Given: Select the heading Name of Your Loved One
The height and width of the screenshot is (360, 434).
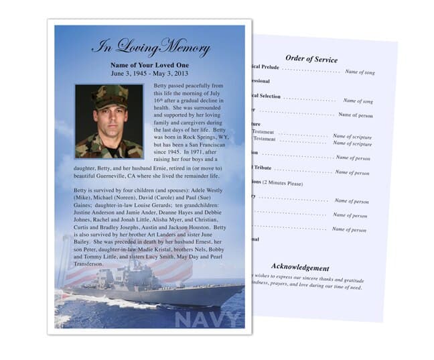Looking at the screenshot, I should coord(149,65).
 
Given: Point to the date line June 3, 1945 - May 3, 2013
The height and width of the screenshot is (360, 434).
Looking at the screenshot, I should coord(149,74).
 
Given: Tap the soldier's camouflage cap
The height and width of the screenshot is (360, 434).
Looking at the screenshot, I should coord(109,96).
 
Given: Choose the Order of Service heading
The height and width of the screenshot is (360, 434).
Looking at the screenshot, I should coord(311,59).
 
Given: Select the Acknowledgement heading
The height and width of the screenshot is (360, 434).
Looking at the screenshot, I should coord(300,267).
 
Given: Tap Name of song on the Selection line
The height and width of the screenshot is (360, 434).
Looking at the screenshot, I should coord(358,101).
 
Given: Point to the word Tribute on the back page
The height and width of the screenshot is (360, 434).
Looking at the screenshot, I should coord(263,168).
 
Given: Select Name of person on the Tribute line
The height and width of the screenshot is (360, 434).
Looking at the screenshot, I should coord(352,172).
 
